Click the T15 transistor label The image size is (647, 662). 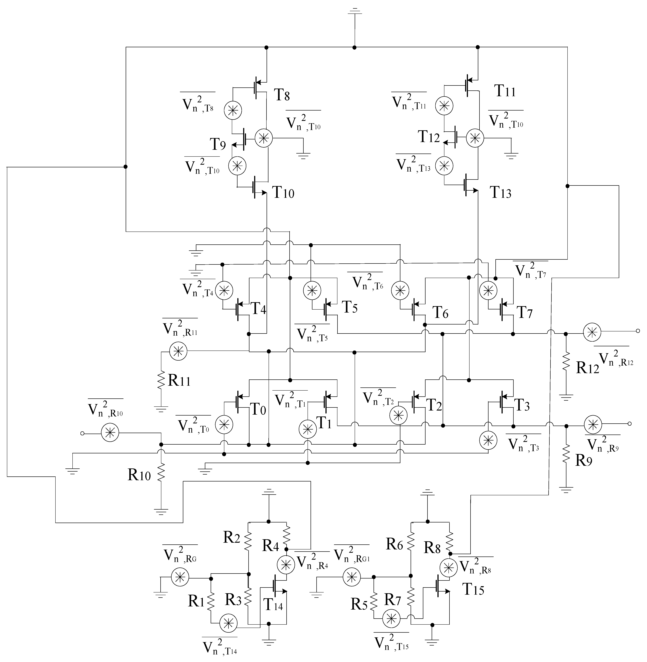(473, 590)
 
